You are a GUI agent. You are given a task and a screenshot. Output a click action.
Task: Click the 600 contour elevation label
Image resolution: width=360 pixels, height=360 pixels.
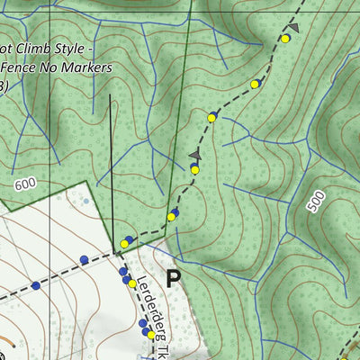[x=25, y=184]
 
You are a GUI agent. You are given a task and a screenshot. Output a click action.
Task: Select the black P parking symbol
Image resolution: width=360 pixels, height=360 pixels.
[x=174, y=277]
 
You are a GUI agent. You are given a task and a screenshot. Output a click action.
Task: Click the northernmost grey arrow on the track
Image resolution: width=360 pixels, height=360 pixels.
[x=293, y=29]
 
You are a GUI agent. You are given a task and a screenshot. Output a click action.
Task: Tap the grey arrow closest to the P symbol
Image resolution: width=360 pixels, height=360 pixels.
[x=193, y=156]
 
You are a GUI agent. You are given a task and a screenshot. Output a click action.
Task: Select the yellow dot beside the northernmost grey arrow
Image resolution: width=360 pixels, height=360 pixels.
[x=285, y=39]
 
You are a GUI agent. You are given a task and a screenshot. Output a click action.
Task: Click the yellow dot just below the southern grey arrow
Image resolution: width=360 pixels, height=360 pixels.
[x=194, y=169]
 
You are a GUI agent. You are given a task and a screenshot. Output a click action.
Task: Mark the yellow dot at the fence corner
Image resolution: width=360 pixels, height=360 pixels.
[x=124, y=243]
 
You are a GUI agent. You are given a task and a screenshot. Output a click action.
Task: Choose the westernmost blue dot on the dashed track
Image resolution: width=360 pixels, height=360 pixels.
[x=36, y=285]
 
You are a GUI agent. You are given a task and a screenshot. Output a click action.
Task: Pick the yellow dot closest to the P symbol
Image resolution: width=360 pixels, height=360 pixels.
[x=132, y=283]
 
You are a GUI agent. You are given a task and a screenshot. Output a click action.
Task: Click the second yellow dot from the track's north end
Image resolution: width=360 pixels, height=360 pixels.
[x=255, y=84]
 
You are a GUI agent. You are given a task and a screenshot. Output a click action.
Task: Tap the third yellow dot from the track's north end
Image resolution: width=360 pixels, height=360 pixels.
[x=212, y=118]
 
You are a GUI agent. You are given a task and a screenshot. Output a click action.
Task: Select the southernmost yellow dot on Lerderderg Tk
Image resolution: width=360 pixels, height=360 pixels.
[x=150, y=333]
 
